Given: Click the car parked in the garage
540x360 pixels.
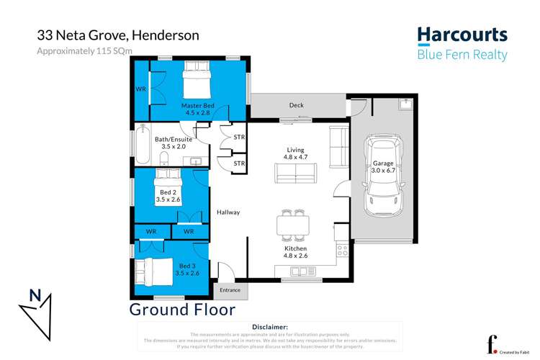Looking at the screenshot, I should click(382, 177).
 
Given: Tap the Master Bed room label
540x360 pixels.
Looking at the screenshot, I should click(196, 106).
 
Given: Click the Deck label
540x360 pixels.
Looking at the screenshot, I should click(297, 105).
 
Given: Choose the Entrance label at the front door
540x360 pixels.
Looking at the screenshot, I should click(230, 290).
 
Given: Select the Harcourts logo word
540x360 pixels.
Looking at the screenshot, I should click(462, 35).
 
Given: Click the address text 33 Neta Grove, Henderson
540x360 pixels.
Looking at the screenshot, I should click(118, 35).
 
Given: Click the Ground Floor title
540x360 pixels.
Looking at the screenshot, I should click(182, 310).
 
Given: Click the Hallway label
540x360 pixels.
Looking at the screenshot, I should click(228, 212).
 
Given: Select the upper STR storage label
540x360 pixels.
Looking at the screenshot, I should click(239, 137).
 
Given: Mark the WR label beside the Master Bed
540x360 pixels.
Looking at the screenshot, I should click(140, 90).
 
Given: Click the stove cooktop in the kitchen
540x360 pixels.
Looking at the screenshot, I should click(342, 251).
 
